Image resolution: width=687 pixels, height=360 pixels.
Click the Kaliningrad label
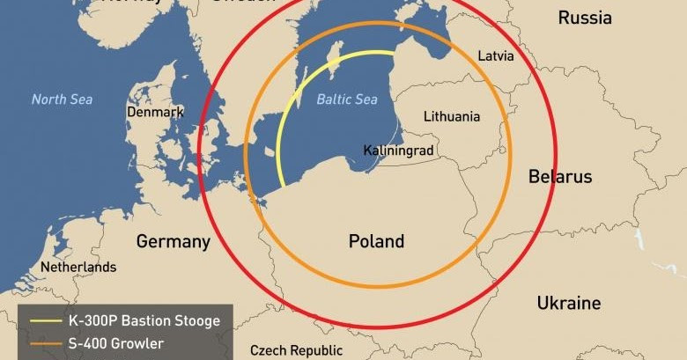click(x=398, y=151)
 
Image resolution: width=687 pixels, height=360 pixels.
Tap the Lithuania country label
click(x=452, y=116)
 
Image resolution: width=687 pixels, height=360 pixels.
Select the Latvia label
click(x=496, y=55)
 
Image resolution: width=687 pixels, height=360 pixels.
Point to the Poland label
click(x=376, y=241)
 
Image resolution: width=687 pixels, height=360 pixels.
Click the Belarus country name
click(x=560, y=177)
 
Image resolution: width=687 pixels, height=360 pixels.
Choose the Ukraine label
click(x=569, y=304)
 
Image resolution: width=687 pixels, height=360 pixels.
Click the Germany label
click(x=174, y=241)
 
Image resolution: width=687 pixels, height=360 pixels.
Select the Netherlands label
click(x=78, y=267)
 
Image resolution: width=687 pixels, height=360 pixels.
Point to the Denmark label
click(x=155, y=113)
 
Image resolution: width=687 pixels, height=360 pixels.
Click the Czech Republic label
click(x=296, y=350)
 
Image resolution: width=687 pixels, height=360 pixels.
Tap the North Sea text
click(x=62, y=99)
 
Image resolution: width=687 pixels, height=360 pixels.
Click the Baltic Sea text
click(x=347, y=99)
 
